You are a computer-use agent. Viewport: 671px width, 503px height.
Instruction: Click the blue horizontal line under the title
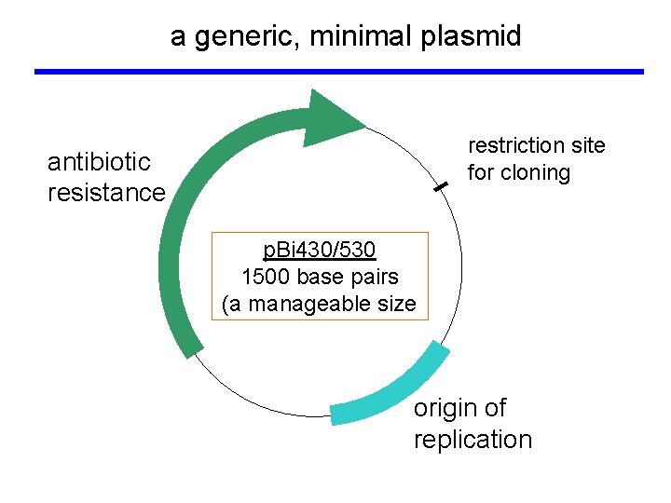click(338, 71)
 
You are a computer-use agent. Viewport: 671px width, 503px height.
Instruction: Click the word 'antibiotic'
click(99, 161)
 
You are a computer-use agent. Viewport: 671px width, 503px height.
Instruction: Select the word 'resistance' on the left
click(106, 193)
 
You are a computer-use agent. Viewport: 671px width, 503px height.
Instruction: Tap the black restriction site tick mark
click(441, 187)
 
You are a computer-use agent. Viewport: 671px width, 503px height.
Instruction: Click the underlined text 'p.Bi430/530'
click(320, 250)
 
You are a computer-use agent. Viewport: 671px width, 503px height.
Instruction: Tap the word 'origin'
click(446, 408)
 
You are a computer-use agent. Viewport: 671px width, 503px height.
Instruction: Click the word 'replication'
click(472, 440)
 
